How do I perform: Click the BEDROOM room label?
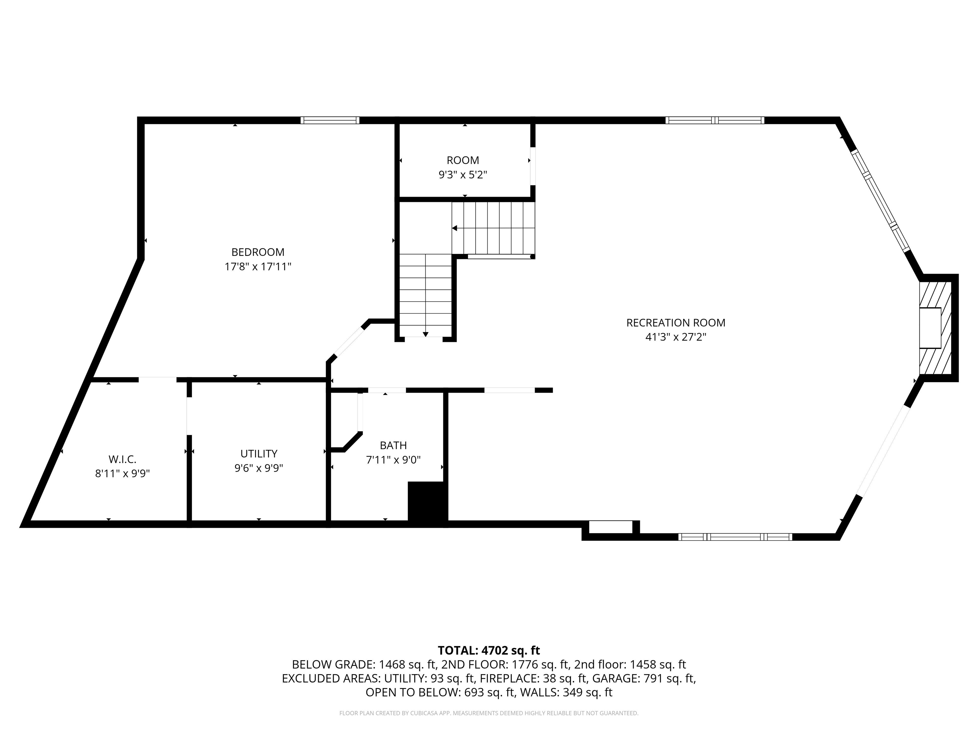[x=258, y=252]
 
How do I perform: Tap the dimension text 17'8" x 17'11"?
[x=258, y=266]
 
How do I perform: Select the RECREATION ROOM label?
[x=676, y=323]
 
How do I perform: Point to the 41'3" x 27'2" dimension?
[x=676, y=337]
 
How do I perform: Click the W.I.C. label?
[x=123, y=459]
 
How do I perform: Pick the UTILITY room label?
[x=259, y=453]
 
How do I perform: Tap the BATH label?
[x=393, y=445]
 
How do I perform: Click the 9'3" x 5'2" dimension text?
[x=463, y=175]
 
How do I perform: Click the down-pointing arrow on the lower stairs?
[x=425, y=334]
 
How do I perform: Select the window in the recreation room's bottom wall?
[x=735, y=537]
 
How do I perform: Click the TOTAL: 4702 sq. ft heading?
[x=489, y=650]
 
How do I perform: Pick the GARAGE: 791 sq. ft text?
[x=644, y=678]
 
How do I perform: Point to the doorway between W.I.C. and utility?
[x=189, y=416]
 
